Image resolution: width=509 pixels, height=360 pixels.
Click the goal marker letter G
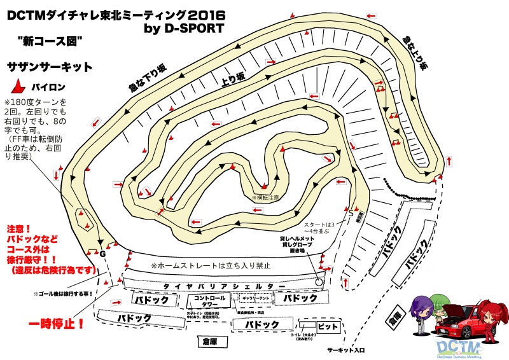point(102,253)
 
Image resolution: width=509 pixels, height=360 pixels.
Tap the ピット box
point(326,326)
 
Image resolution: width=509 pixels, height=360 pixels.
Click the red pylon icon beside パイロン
point(19,87)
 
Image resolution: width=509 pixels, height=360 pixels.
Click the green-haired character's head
point(438,300)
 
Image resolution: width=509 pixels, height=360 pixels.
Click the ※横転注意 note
point(265,198)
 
